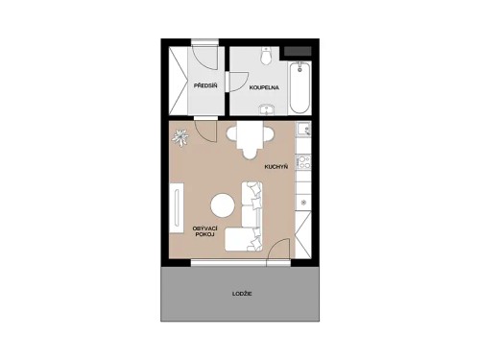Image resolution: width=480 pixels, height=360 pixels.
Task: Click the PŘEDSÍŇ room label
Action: [205, 87]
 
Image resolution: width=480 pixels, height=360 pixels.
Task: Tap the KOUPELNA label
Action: [264, 87]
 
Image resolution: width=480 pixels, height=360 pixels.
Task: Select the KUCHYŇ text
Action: [277, 166]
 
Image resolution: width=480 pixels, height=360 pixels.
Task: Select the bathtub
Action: [299, 84]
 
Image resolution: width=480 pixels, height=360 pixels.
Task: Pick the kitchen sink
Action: [303, 131]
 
